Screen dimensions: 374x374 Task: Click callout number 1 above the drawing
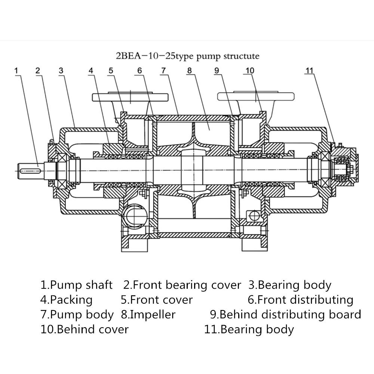pyautogui.click(x=16, y=71)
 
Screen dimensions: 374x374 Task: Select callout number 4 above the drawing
pyautogui.click(x=91, y=71)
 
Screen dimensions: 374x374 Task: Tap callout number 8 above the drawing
pyautogui.click(x=189, y=71)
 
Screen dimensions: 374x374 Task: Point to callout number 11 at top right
pyautogui.click(x=309, y=71)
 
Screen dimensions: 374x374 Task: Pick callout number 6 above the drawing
pyautogui.click(x=140, y=71)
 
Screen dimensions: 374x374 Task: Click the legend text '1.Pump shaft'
pyautogui.click(x=76, y=285)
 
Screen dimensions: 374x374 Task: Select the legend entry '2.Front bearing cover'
pyautogui.click(x=182, y=285)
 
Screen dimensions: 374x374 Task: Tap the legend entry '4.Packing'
pyautogui.click(x=66, y=300)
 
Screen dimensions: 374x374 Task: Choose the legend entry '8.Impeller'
pyautogui.click(x=148, y=315)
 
